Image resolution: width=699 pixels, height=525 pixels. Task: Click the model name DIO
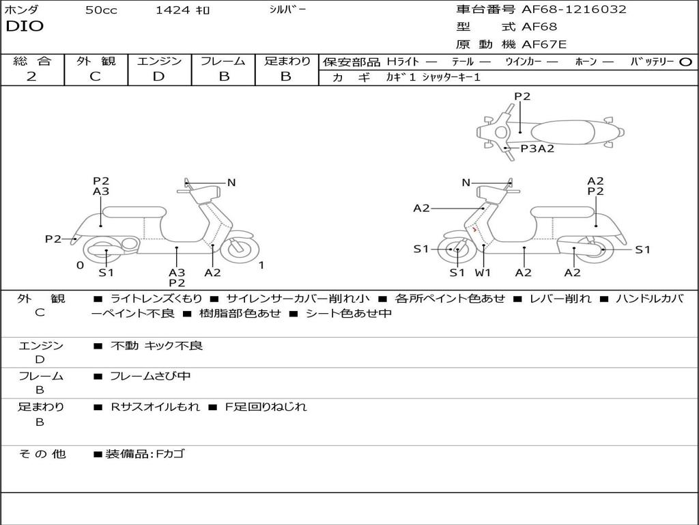(x=25, y=27)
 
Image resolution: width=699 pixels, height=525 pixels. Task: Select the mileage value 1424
(x=173, y=10)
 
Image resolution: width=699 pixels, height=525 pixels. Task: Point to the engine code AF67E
(x=544, y=45)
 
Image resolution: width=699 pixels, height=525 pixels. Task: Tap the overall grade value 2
(x=31, y=77)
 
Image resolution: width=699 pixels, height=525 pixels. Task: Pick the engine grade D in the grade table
(x=159, y=77)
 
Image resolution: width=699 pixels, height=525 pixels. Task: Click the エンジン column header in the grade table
(x=159, y=62)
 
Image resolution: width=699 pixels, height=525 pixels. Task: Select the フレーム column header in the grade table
(x=223, y=62)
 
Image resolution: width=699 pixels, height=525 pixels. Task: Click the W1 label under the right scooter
(x=483, y=273)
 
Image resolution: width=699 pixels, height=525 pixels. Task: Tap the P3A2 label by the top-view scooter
(x=537, y=148)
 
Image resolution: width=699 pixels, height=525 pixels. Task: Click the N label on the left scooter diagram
(x=231, y=183)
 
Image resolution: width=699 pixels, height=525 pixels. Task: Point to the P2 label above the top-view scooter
(x=522, y=96)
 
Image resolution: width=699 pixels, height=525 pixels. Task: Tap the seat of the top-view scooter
(x=565, y=132)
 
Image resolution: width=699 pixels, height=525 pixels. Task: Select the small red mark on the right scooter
(x=474, y=230)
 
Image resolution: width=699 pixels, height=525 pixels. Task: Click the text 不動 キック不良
(x=156, y=346)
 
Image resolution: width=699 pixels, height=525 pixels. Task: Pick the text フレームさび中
(x=150, y=376)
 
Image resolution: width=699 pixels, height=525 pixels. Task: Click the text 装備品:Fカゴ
(x=144, y=454)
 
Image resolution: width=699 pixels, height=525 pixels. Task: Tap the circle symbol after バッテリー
(x=685, y=62)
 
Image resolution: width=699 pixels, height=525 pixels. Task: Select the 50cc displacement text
(x=100, y=10)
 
